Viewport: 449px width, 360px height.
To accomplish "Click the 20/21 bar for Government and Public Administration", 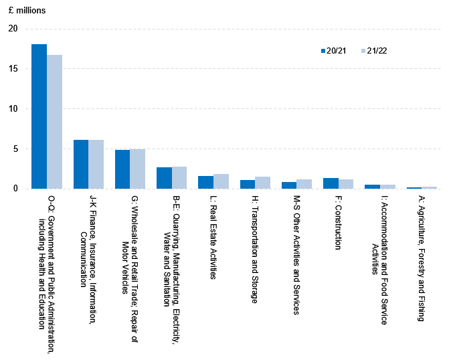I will pyautogui.click(x=39, y=116).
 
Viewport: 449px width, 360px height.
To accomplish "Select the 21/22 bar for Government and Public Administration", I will pyautogui.click(x=54, y=122).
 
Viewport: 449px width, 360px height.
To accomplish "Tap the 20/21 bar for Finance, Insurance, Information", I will pyautogui.click(x=80, y=164).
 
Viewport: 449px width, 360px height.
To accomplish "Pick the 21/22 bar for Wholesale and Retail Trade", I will pyautogui.click(x=137, y=169).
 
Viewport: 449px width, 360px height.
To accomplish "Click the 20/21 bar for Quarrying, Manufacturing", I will pyautogui.click(x=164, y=178).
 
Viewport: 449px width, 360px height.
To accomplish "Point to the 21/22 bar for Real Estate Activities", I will pyautogui.click(x=221, y=181).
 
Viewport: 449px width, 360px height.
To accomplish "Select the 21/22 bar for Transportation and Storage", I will pyautogui.click(x=262, y=183).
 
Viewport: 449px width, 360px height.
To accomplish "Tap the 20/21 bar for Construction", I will pyautogui.click(x=331, y=183).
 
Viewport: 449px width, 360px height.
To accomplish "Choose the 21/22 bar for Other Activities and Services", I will pyautogui.click(x=304, y=184).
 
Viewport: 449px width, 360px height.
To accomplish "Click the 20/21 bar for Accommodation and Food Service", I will pyautogui.click(x=372, y=187).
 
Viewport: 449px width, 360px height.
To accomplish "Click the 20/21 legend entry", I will pyautogui.click(x=333, y=51).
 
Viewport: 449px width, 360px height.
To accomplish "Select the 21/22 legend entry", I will pyautogui.click(x=373, y=51).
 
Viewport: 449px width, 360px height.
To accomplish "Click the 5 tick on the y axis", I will pyautogui.click(x=16, y=149).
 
